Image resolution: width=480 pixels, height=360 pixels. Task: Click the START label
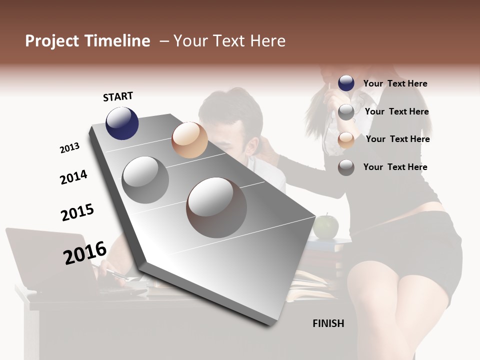click(118, 96)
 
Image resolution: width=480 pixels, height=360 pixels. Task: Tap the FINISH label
click(328, 323)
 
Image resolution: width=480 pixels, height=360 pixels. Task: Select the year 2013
click(69, 148)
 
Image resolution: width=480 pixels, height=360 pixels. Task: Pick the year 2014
click(73, 177)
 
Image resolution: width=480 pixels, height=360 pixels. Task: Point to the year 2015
click(77, 212)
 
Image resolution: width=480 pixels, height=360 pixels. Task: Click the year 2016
click(85, 252)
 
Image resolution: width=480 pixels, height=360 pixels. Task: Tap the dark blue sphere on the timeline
click(122, 123)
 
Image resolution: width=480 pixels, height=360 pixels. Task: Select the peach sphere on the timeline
click(189, 140)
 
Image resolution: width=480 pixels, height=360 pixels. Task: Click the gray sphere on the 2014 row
click(145, 179)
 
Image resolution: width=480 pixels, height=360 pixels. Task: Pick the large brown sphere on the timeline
click(216, 207)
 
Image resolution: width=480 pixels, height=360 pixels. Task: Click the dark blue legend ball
click(346, 83)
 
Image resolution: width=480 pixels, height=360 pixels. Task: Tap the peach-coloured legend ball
click(346, 140)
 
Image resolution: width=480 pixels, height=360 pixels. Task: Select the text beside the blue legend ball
click(395, 83)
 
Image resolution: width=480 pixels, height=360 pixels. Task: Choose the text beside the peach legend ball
click(397, 139)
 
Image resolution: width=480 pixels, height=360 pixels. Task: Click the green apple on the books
click(325, 226)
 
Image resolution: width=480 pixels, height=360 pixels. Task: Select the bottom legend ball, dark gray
click(346, 168)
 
